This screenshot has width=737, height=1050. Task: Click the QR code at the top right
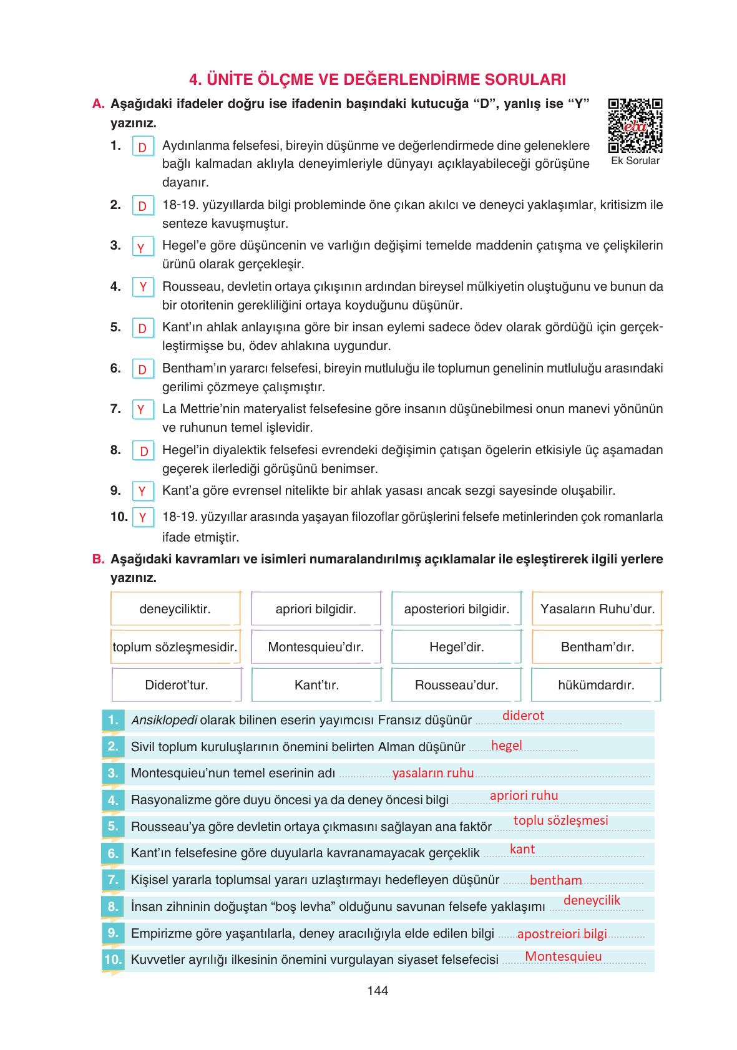635,125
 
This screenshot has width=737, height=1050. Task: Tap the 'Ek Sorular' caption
635,161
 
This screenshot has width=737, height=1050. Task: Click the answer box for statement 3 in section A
142,248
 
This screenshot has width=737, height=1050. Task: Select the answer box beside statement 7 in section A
142,410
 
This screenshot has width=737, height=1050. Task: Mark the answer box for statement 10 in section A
143,517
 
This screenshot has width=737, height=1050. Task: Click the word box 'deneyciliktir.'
175,609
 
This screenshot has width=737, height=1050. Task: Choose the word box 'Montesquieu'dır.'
316,647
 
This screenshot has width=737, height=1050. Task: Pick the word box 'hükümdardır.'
596,685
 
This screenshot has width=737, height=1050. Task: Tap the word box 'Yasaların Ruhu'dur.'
597,609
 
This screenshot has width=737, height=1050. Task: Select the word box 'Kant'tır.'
316,685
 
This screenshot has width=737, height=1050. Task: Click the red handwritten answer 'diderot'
523,716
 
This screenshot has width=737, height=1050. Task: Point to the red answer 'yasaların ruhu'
433,773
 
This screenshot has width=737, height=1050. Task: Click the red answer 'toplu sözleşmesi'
560,820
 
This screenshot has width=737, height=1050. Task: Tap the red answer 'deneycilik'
592,900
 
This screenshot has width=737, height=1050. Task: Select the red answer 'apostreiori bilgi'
562,934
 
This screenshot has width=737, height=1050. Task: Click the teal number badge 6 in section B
113,853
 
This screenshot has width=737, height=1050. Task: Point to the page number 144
378,991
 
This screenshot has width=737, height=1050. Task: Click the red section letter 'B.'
98,559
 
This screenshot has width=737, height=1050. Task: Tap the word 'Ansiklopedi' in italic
164,720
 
